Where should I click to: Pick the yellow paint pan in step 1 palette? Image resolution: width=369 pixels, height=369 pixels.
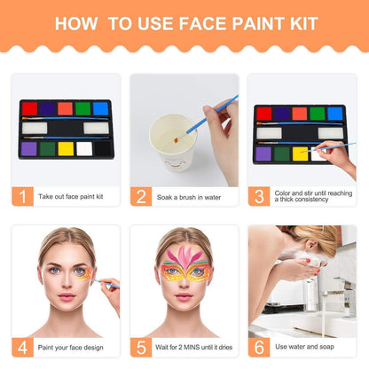(x=66, y=149)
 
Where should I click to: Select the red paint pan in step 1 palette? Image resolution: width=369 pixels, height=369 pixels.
(x=29, y=108)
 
